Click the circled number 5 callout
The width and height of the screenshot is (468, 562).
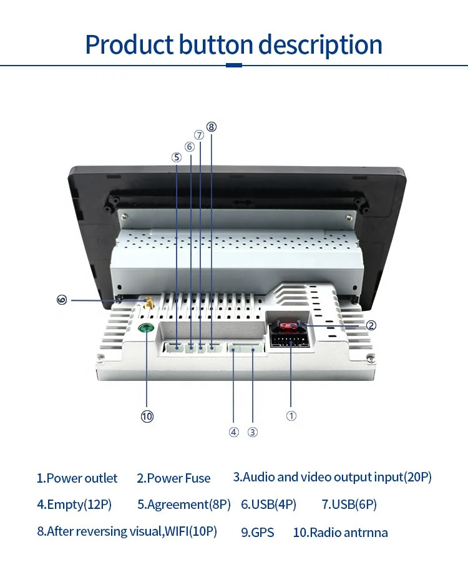tap(176, 157)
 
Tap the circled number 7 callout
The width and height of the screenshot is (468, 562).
tap(199, 135)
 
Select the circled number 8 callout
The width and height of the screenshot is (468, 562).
tap(212, 127)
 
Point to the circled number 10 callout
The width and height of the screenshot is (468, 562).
tap(147, 417)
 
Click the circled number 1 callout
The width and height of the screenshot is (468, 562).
tap(291, 416)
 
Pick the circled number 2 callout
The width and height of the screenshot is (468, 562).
tap(371, 325)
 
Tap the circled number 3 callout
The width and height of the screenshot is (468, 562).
tap(253, 431)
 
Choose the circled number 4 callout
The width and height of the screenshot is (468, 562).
tap(233, 431)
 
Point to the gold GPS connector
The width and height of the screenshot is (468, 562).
tap(149, 305)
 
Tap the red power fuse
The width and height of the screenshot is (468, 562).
tap(289, 326)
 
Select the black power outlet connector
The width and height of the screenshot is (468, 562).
tap(290, 341)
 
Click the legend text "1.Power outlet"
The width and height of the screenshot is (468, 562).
tap(77, 478)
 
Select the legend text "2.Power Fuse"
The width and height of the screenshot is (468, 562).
tap(173, 478)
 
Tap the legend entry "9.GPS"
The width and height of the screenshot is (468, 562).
tap(257, 533)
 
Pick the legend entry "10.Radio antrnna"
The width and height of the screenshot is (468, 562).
tap(340, 533)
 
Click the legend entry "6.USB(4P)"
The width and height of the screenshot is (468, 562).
tap(268, 505)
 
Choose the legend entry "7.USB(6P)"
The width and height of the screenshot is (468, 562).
tap(349, 505)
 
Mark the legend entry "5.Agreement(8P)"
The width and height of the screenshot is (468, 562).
tap(184, 505)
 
